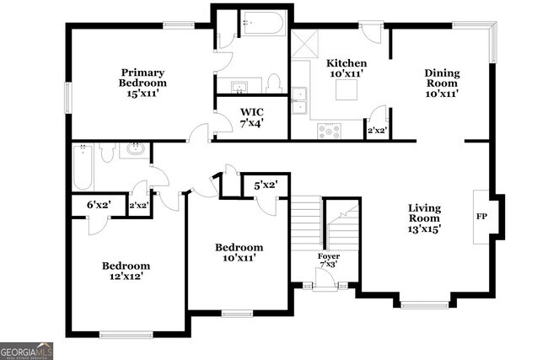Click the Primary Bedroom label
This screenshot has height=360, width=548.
click(x=142, y=83)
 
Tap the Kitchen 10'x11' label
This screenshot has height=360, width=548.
click(x=347, y=68)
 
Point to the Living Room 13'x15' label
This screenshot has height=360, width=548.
click(x=425, y=218)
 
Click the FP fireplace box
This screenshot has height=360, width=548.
click(x=481, y=216)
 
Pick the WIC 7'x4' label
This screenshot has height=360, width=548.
click(x=251, y=116)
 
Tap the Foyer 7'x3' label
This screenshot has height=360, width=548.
click(x=329, y=261)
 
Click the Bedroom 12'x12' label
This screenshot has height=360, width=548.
click(x=126, y=271)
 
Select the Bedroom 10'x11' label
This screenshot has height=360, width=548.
click(x=239, y=252)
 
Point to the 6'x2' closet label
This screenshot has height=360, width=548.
click(x=99, y=204)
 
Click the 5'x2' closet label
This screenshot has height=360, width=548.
click(x=266, y=185)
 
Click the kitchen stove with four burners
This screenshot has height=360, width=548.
click(x=329, y=131)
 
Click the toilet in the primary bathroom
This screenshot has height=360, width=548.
click(x=273, y=83)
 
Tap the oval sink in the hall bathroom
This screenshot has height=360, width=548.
click(x=136, y=151)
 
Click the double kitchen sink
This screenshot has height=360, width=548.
click(x=299, y=99)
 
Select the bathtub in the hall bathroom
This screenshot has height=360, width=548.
click(x=81, y=167)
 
